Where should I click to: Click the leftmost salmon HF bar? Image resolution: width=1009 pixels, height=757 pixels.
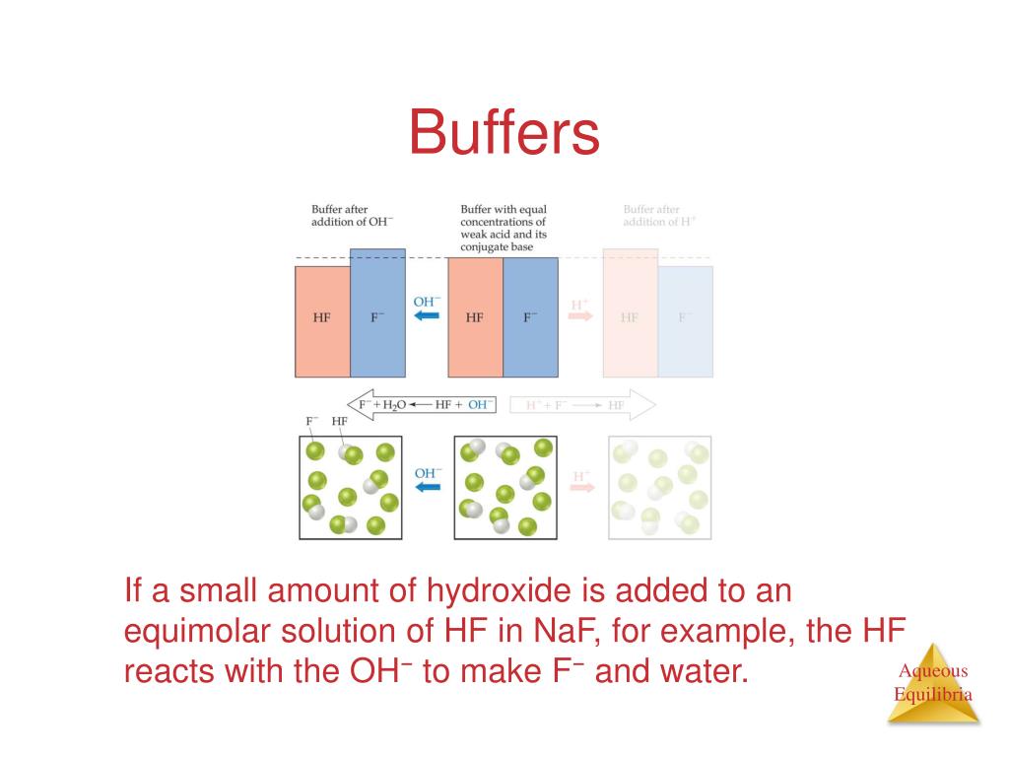[x=322, y=321]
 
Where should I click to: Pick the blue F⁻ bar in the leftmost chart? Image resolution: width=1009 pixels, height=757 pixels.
[x=377, y=313]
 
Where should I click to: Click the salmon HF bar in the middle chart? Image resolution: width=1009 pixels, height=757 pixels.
[x=475, y=317]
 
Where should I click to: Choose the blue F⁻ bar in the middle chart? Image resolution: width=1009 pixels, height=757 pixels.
[x=530, y=317]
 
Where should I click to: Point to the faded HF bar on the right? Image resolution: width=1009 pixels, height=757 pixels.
[x=630, y=317]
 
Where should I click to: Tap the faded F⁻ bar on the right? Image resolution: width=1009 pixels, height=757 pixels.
[x=685, y=321]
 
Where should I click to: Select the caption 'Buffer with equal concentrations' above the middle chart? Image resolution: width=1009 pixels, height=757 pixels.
[x=504, y=228]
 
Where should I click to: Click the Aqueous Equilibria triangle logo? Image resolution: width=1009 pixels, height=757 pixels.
[x=932, y=684]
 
